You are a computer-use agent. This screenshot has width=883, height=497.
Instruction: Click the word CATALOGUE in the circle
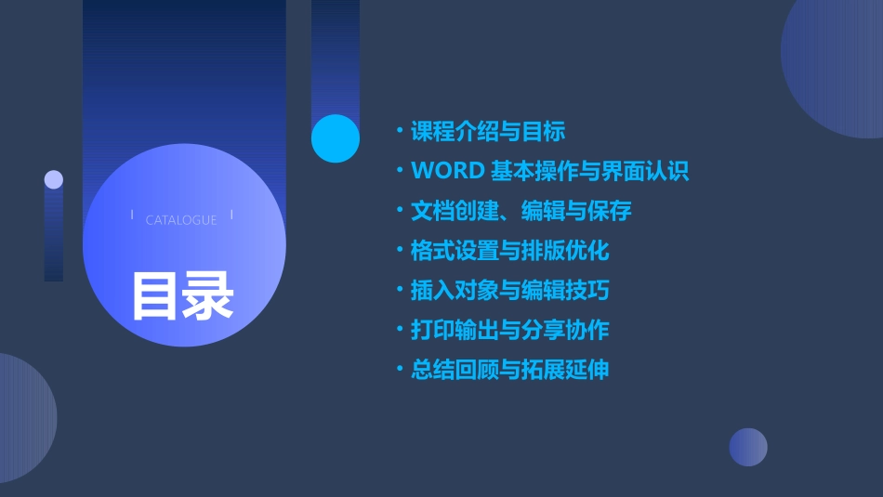(181, 220)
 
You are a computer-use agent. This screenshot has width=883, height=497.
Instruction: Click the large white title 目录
(182, 295)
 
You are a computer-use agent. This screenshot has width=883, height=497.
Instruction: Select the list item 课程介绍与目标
(487, 132)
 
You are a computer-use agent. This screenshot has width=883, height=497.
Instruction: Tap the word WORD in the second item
(447, 171)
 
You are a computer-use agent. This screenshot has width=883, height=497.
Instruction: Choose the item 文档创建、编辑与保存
(521, 211)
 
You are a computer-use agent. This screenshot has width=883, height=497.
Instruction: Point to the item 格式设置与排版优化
(509, 251)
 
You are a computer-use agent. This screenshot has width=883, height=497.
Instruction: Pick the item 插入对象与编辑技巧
(509, 291)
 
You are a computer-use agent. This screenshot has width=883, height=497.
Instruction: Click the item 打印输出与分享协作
(509, 330)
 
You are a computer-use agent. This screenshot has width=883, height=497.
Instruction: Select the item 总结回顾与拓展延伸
(509, 370)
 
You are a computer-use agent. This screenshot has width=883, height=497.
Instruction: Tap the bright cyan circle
(336, 138)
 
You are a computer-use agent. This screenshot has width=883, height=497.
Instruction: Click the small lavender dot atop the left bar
(54, 179)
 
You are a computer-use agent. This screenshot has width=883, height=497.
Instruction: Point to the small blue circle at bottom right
(748, 447)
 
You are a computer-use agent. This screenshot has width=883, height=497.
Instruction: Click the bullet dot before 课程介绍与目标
(400, 132)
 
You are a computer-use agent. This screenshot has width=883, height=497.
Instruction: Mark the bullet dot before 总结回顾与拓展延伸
(400, 370)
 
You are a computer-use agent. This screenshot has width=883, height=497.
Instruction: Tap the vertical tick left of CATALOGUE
(132, 216)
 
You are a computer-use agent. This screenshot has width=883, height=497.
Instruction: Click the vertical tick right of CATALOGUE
(231, 216)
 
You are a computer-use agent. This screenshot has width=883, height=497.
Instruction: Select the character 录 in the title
(208, 295)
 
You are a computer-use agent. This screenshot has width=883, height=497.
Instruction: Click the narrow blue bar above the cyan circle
(336, 56)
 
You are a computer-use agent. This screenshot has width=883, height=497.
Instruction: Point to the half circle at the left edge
(23, 418)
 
